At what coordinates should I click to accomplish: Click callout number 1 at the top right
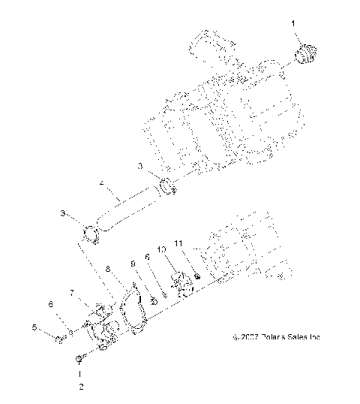coord(295,25)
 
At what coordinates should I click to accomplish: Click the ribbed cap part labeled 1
coord(307,55)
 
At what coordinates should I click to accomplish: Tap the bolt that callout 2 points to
coord(79,365)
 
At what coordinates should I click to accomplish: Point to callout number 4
coord(101,182)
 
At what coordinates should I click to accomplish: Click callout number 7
coord(73,291)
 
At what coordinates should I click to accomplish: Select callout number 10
coord(161,249)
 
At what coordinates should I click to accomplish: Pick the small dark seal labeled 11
coord(196,277)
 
